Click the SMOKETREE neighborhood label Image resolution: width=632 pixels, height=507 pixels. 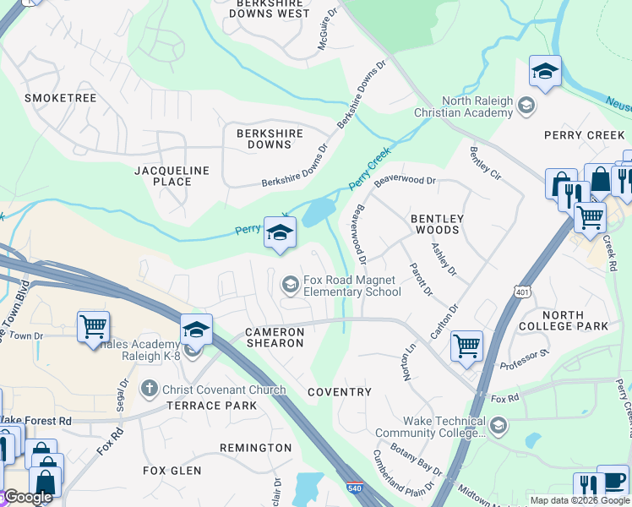pos(60,98)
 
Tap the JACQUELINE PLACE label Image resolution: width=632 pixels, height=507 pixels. pos(172,176)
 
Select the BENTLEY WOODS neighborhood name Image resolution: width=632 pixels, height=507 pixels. pos(437,224)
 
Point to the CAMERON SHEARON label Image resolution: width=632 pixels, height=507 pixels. pos(275,337)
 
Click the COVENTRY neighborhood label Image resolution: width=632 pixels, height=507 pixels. pos(340,392)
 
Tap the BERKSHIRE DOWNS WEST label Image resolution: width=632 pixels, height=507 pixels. pos(270,8)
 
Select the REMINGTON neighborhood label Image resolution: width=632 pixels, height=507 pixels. pos(255,447)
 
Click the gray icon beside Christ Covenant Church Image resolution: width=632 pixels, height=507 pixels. pos(149,390)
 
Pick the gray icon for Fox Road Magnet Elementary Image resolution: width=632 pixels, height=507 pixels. pos(290,286)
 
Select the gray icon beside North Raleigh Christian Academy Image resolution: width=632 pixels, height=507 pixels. pos(526,106)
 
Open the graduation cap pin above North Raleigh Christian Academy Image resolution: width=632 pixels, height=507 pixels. pos(545,72)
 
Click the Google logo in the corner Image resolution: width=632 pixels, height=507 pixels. pos(27,498)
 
